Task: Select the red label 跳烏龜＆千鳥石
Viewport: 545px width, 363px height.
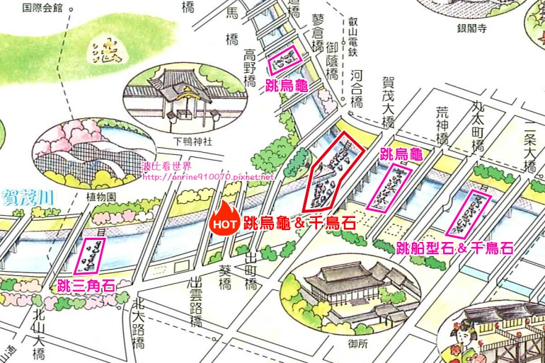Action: click(x=298, y=223)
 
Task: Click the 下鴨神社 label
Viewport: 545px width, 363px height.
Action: click(x=193, y=140)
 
